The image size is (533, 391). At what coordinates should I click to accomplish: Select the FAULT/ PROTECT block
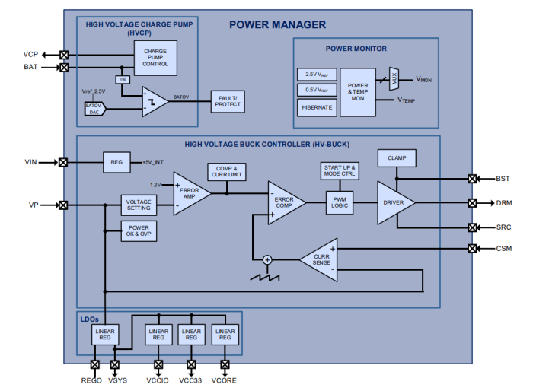[x=228, y=100]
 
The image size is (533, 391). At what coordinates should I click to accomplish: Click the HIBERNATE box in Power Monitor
[x=316, y=107]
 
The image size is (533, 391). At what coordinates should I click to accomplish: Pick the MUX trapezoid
[x=394, y=78]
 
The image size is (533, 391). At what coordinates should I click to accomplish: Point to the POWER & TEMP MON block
[x=358, y=92]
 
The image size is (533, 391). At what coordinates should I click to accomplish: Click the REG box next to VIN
[x=116, y=161]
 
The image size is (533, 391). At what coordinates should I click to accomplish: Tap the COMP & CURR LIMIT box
[x=227, y=171]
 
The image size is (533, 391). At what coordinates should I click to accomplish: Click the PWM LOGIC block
[x=340, y=202]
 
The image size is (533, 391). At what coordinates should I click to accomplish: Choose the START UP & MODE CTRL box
[x=340, y=171]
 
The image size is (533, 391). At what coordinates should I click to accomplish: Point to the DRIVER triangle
[x=394, y=202]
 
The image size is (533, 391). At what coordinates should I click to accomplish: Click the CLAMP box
[x=396, y=158]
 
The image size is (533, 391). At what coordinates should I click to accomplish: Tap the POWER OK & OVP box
[x=139, y=231]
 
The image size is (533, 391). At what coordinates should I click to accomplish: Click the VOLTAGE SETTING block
[x=139, y=205]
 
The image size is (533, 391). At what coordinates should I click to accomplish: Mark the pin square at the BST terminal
[x=472, y=179]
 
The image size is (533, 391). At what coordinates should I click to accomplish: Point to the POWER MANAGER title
[x=277, y=24]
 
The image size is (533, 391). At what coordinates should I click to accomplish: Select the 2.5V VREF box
[x=316, y=75]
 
